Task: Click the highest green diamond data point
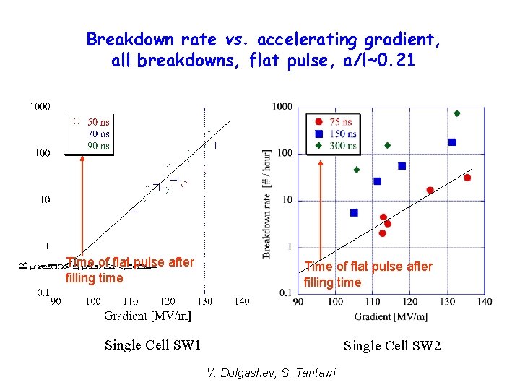pos(456,113)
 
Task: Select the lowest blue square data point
pos(354,212)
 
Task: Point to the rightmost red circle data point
pos(467,178)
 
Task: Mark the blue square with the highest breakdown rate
pos(452,142)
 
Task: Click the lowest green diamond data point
pos(356,170)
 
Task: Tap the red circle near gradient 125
pos(430,190)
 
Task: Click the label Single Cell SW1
pos(152,345)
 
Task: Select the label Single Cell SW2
pos(391,346)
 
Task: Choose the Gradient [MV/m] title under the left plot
pos(147,316)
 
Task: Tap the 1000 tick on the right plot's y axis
pos(282,107)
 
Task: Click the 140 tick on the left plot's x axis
pos(241,301)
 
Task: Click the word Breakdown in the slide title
pos(121,40)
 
